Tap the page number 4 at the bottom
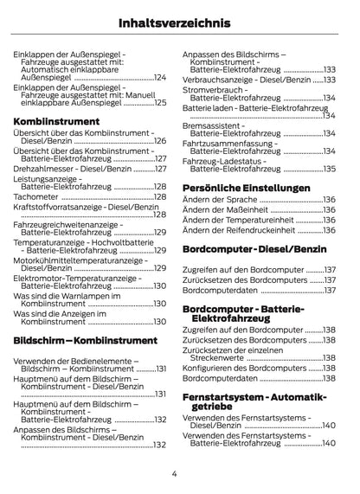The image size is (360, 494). pos(174,474)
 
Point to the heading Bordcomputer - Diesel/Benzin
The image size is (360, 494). pos(257,249)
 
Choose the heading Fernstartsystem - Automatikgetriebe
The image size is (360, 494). pos(255,401)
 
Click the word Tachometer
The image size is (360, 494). pos(36,196)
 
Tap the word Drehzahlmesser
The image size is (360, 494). pos(48,170)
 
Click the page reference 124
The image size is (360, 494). pos(159,78)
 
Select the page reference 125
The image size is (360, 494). pos(159,102)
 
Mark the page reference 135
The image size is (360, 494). pos(329,169)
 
